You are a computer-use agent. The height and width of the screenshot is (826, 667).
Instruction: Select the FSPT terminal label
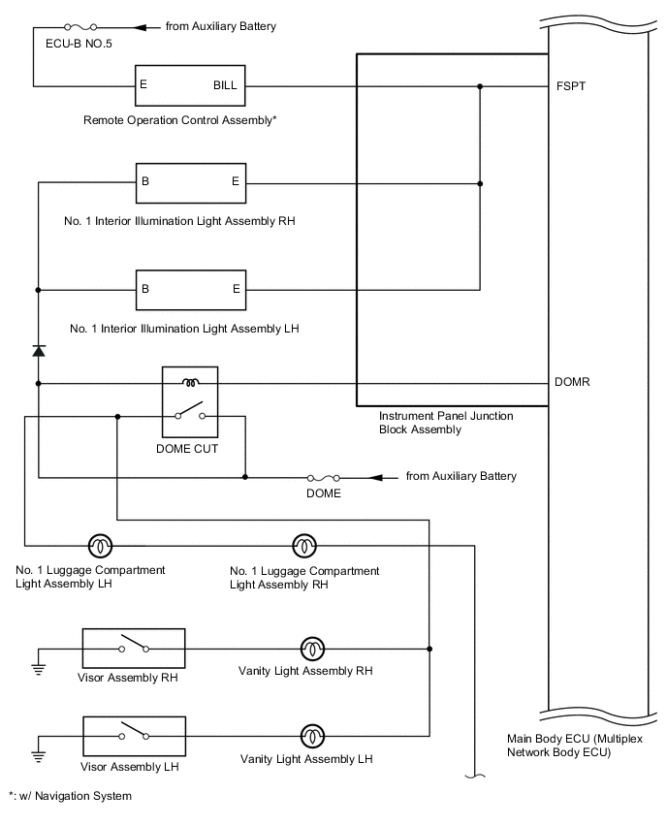pos(571,86)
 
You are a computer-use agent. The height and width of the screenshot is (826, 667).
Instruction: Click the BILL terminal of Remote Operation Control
pos(224,85)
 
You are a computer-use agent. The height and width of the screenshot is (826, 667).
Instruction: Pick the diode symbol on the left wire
pos(39,350)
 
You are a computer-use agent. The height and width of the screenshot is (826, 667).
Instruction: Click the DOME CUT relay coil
pos(191,382)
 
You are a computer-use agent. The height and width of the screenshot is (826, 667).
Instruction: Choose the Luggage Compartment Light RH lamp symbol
pos(304,545)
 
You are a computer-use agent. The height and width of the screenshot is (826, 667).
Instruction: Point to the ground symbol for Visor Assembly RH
pos(39,668)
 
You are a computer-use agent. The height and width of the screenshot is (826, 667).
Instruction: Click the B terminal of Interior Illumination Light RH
pos(144,181)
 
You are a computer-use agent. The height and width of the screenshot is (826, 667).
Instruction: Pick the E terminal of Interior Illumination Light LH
pos(237,289)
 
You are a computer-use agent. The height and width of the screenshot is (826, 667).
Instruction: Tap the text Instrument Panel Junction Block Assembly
pos(446,422)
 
